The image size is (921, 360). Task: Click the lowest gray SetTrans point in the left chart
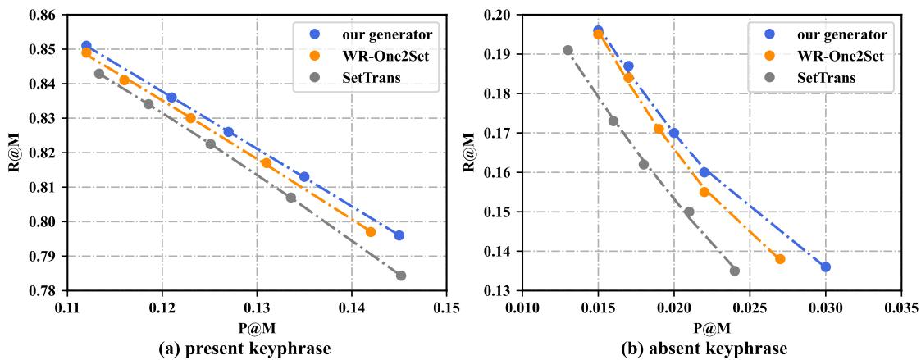(x=400, y=276)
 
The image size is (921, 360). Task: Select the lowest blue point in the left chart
(x=399, y=235)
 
